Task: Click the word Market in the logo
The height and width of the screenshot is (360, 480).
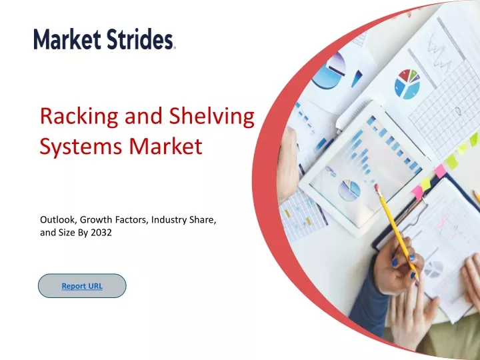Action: coord(67,39)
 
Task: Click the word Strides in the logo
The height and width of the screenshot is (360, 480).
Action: coord(139,39)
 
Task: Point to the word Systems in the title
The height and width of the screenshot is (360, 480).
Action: coord(82,147)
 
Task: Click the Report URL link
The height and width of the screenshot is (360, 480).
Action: coord(82,286)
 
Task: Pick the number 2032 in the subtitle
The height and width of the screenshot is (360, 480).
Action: coord(101,233)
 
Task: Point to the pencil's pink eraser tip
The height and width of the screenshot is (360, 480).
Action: coord(377,187)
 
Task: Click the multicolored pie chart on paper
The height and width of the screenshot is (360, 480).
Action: coord(407,84)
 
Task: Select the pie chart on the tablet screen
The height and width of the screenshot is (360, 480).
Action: coord(349,190)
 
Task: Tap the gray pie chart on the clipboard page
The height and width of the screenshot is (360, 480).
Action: coord(434,269)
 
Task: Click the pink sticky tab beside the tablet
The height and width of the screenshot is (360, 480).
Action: coord(440,171)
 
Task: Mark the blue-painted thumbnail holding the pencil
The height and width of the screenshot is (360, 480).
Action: coord(395,263)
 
